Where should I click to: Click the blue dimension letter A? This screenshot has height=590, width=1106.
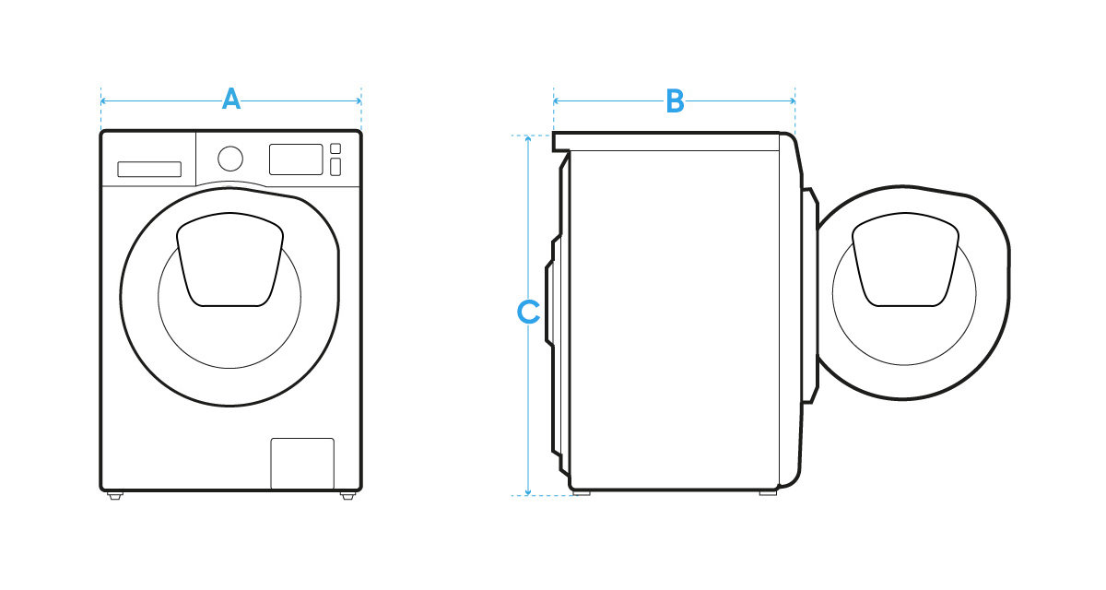231,100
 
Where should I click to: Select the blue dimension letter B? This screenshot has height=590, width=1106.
675,101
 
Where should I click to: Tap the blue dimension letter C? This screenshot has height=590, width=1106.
527,313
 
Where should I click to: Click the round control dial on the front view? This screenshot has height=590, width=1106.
230,158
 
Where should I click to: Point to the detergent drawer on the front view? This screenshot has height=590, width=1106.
148,169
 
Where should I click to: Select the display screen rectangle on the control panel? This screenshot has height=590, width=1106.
296,159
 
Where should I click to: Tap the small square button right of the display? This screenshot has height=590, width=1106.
335,148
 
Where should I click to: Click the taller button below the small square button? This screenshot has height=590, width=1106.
335,167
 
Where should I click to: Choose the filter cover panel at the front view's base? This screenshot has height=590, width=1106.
302,464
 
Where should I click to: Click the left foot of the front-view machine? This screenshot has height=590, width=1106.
115,496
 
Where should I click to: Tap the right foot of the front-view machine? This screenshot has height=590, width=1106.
347,496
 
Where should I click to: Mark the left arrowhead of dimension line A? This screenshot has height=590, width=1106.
103,100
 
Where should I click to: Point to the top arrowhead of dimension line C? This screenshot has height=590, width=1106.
528,138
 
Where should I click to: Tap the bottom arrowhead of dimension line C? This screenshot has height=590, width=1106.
528,492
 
